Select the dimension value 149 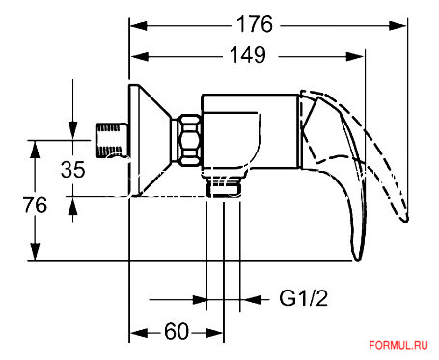(247, 56)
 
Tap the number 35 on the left (72, 169)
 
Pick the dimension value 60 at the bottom (176, 332)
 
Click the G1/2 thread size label (304, 299)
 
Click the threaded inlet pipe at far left (115, 139)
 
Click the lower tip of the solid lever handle (358, 253)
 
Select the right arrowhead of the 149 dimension (361, 56)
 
